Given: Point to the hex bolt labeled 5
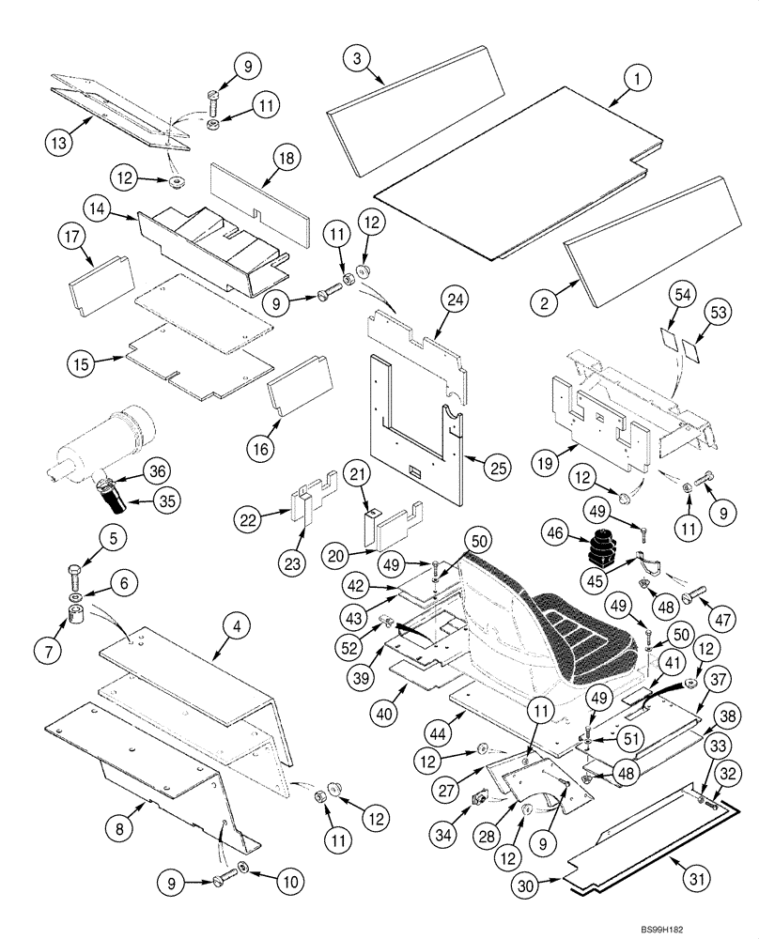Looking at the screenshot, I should [76, 574].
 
